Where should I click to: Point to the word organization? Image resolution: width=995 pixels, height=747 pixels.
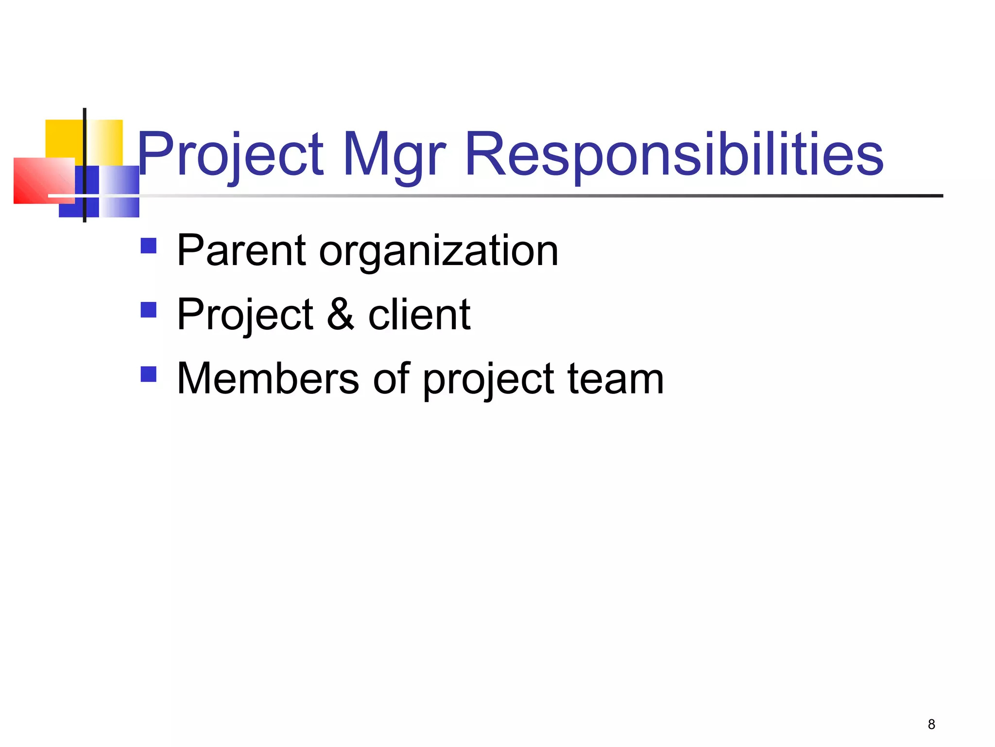click(x=438, y=252)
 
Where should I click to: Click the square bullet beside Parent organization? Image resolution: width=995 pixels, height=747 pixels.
click(x=148, y=246)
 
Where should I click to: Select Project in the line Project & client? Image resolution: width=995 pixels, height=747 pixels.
click(x=245, y=315)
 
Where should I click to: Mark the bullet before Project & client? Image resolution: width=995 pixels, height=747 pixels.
click(x=148, y=310)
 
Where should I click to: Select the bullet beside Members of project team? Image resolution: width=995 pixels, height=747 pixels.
click(x=148, y=374)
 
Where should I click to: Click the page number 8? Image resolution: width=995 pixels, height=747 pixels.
click(x=931, y=725)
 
